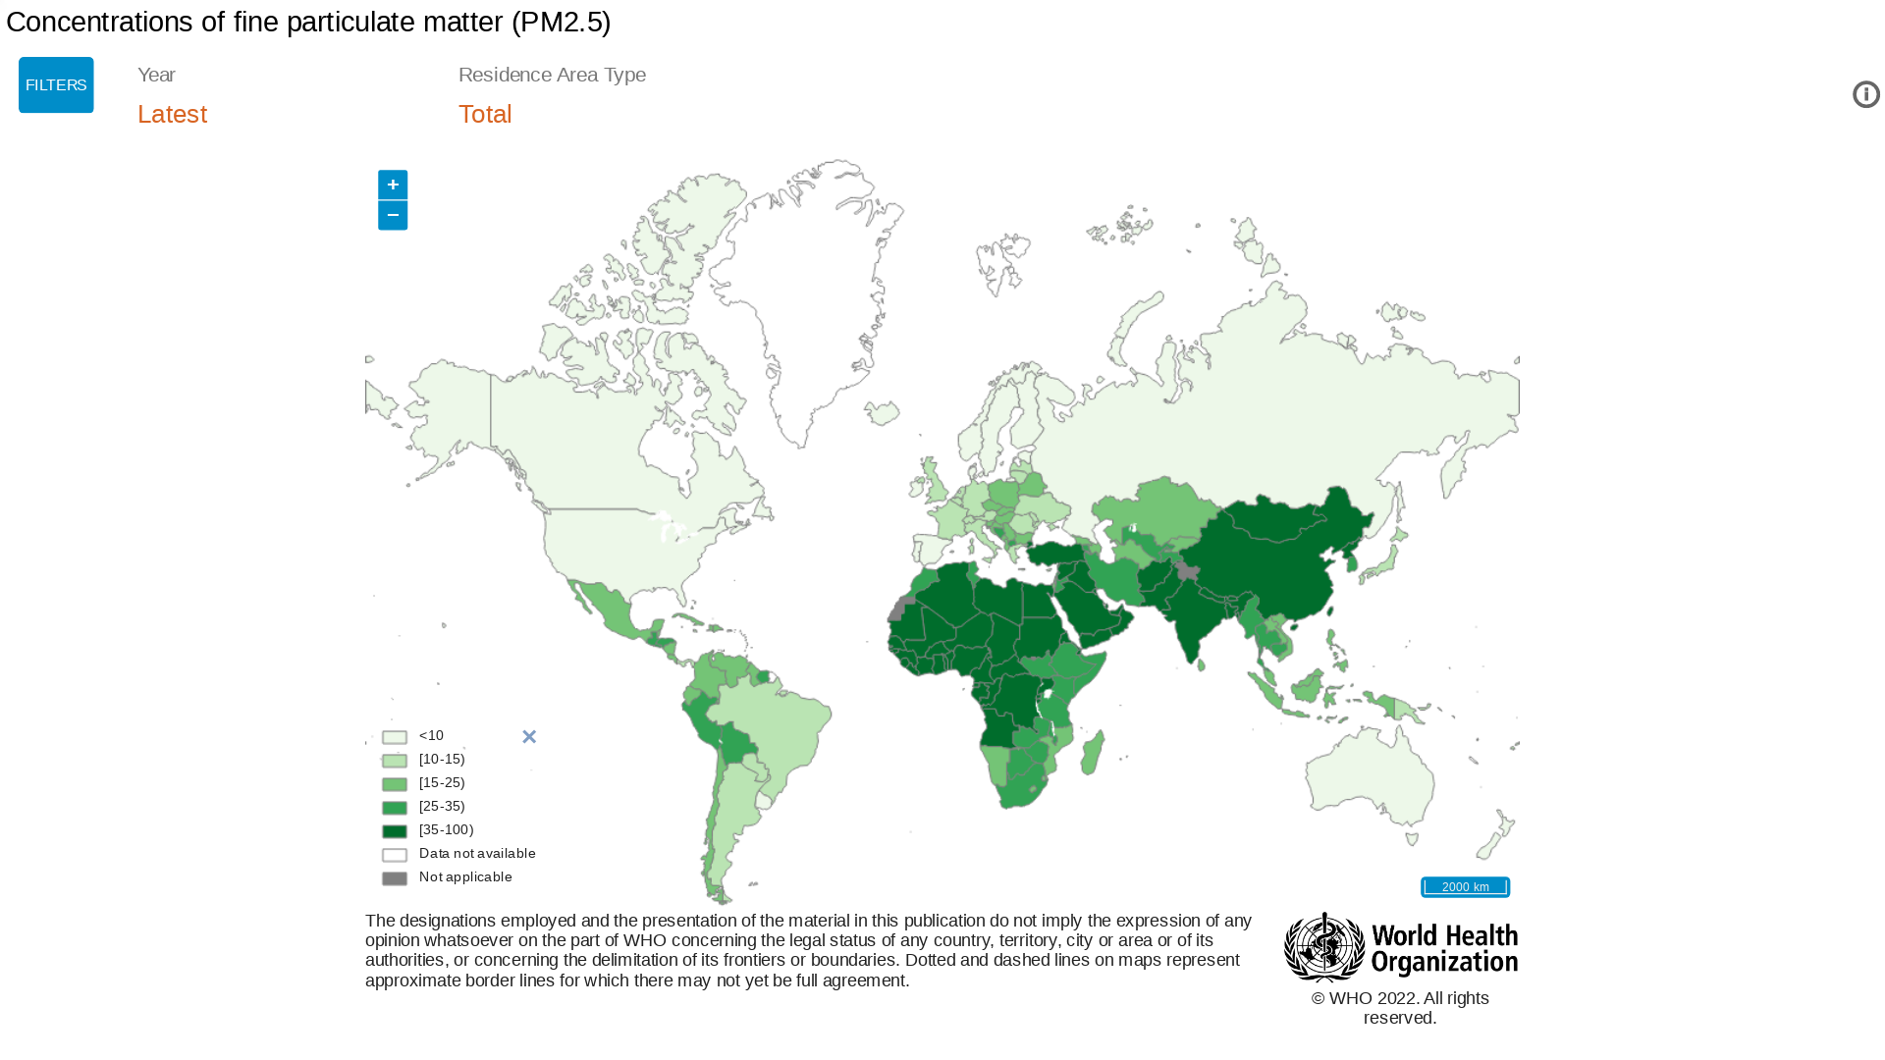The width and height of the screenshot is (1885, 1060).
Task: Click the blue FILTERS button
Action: point(56,85)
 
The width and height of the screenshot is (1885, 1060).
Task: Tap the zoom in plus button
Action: point(393,185)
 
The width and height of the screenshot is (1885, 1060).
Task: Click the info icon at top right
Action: point(1865,94)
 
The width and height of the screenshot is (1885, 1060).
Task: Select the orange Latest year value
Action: point(172,114)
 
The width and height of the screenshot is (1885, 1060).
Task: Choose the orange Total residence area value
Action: point(485,114)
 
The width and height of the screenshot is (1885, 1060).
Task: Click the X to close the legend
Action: point(529,736)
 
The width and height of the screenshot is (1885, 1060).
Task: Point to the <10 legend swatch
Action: point(395,737)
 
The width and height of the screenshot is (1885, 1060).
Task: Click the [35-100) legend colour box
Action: point(395,831)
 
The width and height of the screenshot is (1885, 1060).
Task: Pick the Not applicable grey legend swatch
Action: point(395,878)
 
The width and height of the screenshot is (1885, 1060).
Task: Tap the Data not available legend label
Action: point(477,853)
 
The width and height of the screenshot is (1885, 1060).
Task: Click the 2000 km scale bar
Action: point(1465,886)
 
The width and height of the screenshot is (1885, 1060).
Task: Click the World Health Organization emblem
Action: point(1323,947)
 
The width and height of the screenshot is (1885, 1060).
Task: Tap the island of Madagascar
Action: point(1093,754)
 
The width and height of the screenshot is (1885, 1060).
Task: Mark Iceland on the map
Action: point(882,413)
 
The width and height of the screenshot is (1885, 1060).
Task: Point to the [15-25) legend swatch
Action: point(395,784)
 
